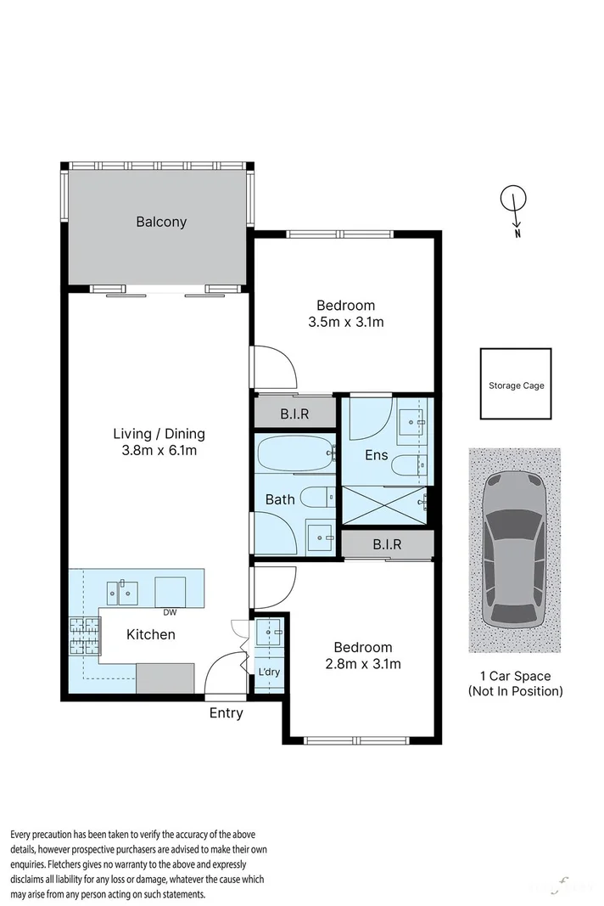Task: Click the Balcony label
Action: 161,222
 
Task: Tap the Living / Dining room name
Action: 159,433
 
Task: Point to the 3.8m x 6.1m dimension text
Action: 159,450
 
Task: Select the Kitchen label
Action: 151,634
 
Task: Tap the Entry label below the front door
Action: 226,713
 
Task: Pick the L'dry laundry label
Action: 268,672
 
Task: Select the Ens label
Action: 376,455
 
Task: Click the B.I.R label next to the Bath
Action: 294,415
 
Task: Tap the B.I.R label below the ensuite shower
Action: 387,544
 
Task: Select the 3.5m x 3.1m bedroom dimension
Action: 345,322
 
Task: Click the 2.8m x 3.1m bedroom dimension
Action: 362,663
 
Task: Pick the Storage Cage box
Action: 516,385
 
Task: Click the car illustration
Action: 515,550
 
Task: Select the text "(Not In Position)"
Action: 515,691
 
